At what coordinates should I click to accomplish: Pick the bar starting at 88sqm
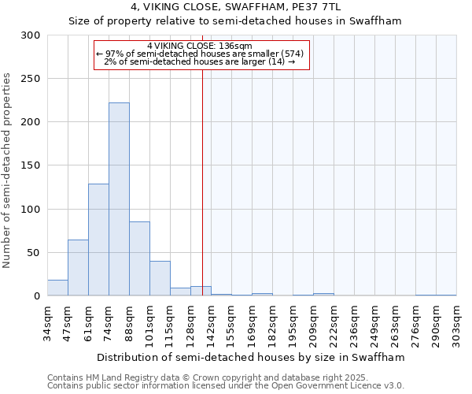(139, 258)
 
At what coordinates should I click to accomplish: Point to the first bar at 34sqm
(57, 288)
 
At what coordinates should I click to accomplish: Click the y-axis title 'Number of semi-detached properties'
(8, 170)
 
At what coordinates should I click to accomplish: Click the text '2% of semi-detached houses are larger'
(199, 61)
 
